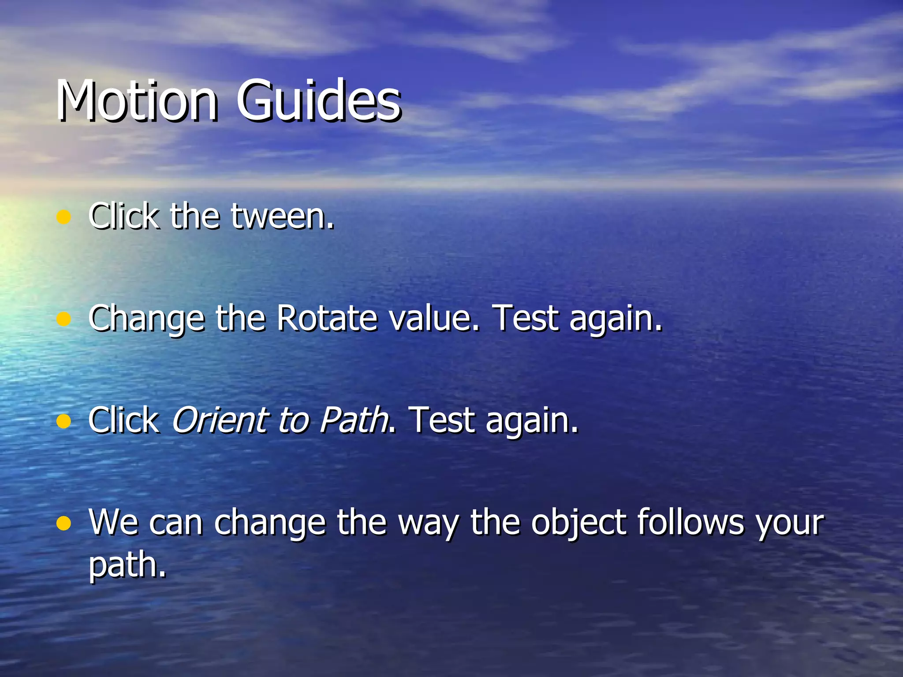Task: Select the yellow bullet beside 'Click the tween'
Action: point(64,217)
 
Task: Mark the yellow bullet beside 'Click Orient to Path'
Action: point(64,421)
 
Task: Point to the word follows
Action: point(690,522)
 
